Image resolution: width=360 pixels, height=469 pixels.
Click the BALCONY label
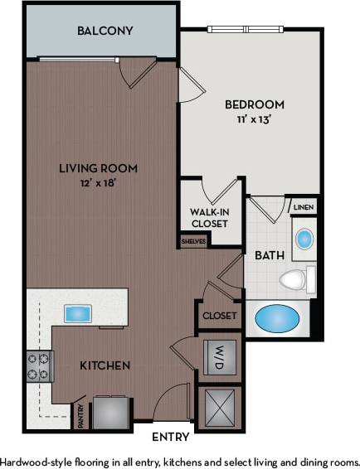(105, 31)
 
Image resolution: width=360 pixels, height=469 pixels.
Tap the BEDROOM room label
(255, 105)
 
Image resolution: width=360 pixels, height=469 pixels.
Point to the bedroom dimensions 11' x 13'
(255, 119)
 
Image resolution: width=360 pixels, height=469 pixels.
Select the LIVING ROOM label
(98, 168)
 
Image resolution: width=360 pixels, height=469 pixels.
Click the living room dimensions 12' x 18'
(98, 182)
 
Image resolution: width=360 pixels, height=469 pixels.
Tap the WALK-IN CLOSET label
(209, 218)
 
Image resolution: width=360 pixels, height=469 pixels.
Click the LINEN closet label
(303, 206)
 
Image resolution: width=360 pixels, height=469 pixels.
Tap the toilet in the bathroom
(296, 279)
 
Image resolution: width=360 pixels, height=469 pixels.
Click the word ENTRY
(171, 437)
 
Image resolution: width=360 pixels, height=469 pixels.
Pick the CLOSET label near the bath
(219, 316)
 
